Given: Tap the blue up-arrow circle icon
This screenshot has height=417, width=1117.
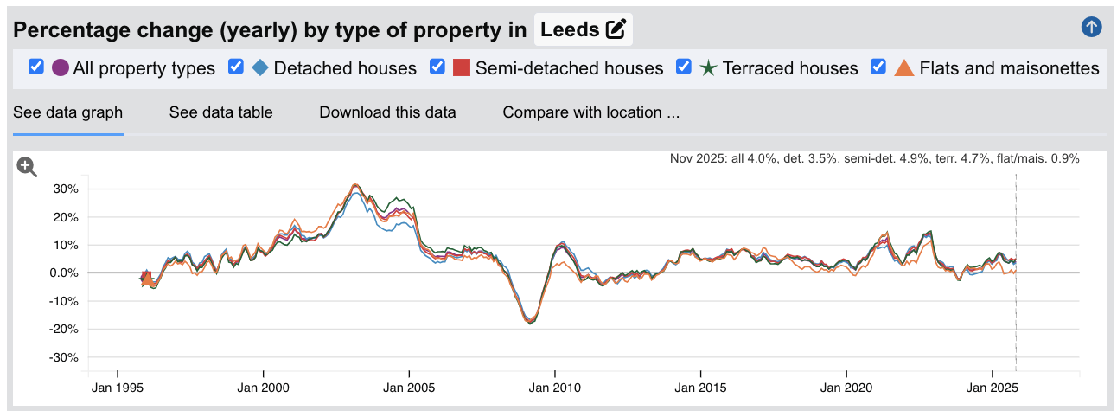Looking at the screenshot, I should [1092, 27].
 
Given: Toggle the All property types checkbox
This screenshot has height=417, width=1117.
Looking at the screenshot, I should [36, 67].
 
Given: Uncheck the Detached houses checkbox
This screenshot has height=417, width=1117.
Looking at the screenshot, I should [236, 67].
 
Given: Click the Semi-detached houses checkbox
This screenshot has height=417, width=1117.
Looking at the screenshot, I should [437, 67].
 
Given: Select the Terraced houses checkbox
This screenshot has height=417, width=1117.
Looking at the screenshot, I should [684, 67].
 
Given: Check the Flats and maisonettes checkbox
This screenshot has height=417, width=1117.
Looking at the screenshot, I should [878, 67].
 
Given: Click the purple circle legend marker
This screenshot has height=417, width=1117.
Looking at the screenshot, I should [61, 67].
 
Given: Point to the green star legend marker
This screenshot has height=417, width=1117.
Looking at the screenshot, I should [708, 67].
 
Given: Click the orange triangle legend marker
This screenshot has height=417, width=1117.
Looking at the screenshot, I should [903, 67].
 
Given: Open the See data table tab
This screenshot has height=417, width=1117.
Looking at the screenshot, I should [220, 112].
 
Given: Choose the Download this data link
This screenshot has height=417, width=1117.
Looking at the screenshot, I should [387, 112].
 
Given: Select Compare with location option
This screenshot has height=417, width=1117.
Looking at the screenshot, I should [590, 112].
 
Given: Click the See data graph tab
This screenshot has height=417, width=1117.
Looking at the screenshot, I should [67, 112].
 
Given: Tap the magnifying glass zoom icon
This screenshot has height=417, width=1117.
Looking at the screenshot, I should [28, 168].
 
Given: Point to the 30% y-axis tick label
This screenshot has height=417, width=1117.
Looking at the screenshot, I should [67, 189].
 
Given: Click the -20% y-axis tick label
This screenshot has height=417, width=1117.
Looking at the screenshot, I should [65, 330].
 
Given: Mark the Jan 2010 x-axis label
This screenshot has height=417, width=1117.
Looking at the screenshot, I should [553, 388].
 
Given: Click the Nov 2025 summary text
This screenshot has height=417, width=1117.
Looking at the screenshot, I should [874, 159].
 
